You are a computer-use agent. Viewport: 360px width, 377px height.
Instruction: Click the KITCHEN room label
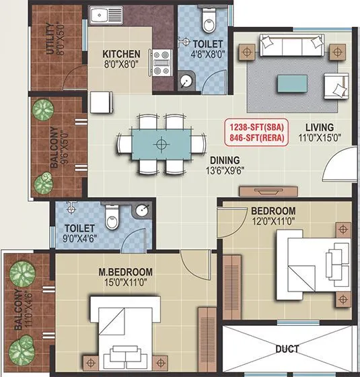pyautogui.click(x=121, y=54)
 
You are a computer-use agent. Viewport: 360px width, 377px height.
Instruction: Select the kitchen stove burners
pyautogui.click(x=161, y=62)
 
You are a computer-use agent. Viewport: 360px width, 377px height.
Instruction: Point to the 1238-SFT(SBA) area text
pyautogui.click(x=257, y=127)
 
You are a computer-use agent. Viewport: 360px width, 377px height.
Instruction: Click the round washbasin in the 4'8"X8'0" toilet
pyautogui.click(x=186, y=83)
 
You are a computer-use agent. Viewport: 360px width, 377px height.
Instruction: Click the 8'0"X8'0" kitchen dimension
pyautogui.click(x=121, y=65)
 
